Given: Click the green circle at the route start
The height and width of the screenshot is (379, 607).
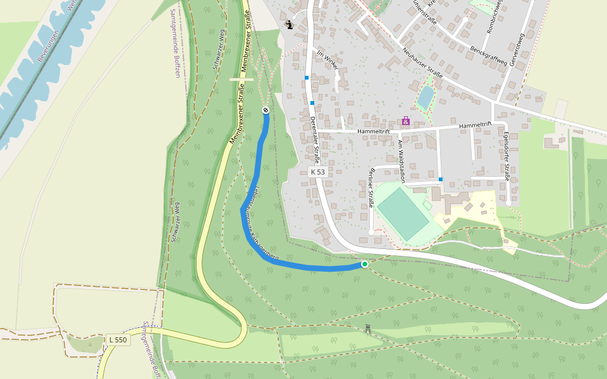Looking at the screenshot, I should (364, 264).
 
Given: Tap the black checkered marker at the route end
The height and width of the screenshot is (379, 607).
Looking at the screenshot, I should (266, 111).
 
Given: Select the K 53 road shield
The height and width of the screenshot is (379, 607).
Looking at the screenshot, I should (317, 172).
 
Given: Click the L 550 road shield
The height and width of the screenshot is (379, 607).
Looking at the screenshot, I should (118, 340).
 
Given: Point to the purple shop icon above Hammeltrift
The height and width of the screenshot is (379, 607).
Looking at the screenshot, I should (405, 121).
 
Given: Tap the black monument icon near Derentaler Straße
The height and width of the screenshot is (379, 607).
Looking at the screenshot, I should (289, 25).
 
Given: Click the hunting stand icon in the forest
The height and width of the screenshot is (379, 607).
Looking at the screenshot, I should (367, 328).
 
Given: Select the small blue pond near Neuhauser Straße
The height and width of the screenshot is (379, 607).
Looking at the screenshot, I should (426, 97).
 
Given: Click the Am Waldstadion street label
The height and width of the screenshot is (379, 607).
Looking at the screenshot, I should (400, 161).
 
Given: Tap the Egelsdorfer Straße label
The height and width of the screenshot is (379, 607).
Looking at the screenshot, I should (506, 155).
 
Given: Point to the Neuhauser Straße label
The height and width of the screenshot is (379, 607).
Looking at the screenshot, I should (422, 63).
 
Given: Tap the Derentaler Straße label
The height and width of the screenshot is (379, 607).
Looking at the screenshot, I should (314, 140).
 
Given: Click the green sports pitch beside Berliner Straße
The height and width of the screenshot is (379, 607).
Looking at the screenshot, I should (403, 214).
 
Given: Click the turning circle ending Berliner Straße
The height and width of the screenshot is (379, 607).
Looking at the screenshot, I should (371, 232).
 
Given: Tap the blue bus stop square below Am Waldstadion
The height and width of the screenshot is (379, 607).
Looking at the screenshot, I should (441, 179).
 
